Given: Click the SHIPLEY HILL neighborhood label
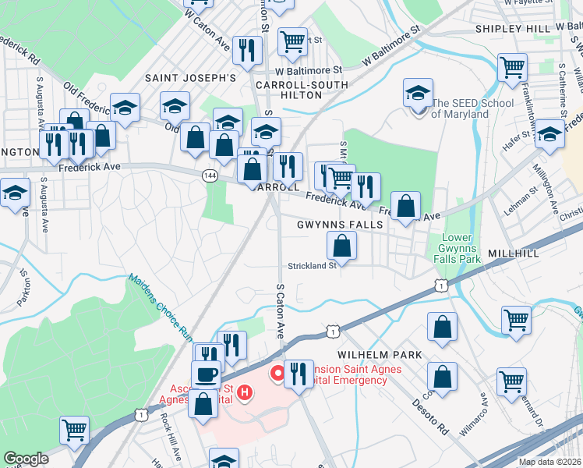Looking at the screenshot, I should point(511,29).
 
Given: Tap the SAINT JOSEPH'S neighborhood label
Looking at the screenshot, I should point(190,78).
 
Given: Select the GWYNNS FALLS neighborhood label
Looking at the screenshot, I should point(340,225).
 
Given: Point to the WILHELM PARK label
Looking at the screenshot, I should point(380,355).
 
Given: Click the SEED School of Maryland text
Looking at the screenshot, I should point(472,108).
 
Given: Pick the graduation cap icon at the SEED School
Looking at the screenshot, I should point(419,94).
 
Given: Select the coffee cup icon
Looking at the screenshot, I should point(206,375).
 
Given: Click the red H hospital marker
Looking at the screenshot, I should point(246,392).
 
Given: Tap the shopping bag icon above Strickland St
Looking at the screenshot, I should point(342,247).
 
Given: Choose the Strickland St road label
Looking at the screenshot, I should point(310,265).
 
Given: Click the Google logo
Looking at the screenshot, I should point(26,459).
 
